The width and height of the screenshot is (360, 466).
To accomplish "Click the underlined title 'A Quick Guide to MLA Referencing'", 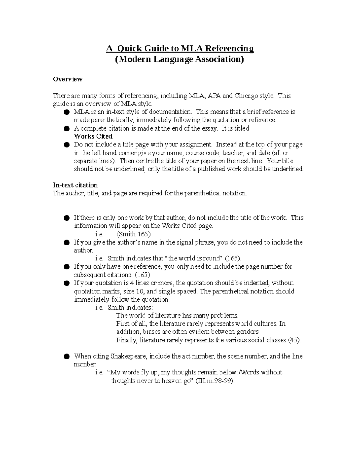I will click(180, 48).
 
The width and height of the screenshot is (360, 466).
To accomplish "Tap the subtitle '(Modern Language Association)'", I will click(180, 59).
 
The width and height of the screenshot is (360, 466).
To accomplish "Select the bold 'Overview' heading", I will click(67, 79).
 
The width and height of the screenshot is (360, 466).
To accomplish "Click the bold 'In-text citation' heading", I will click(75, 185).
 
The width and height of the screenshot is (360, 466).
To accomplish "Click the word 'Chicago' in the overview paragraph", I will click(245, 96).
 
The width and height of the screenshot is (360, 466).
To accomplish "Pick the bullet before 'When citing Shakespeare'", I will click(66, 356).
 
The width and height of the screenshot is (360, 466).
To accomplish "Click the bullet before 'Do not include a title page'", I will click(66, 145).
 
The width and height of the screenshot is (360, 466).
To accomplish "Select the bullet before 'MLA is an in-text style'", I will click(66, 112).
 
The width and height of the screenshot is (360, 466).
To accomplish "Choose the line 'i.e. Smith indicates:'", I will click(124, 307).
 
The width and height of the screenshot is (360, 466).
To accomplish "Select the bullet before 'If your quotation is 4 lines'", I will click(66, 283).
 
